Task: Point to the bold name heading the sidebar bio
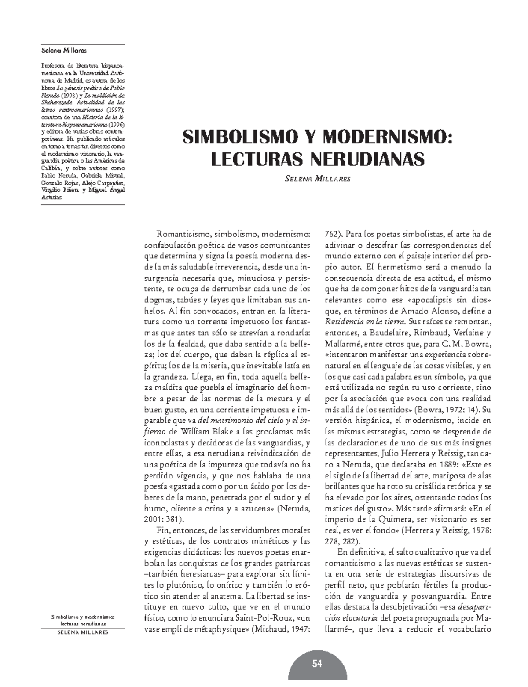coord(58,51)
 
